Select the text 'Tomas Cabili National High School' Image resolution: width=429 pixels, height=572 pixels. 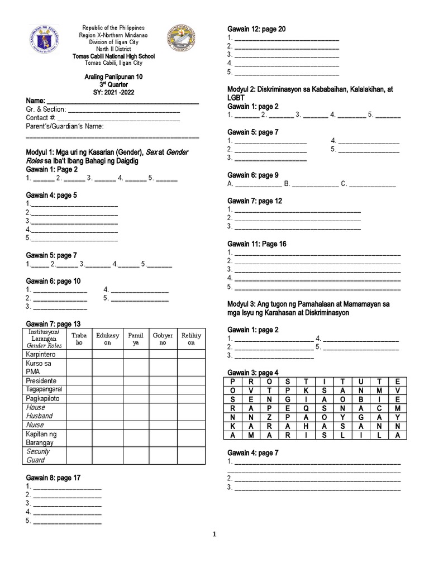coord(113,56)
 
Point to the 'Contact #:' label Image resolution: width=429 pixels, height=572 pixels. coord(40,118)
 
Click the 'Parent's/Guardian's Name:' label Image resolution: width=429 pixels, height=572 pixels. coord(64,126)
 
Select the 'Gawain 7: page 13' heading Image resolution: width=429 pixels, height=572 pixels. coord(53,324)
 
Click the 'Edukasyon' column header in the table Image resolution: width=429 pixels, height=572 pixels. coord(107,339)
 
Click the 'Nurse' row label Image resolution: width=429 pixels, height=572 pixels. coord(35,425)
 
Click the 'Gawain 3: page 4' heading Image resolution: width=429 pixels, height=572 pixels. coord(252,373)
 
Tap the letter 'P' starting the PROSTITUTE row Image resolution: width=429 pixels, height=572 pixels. coord(233,381)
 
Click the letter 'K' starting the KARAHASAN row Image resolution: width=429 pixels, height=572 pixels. coord(233,426)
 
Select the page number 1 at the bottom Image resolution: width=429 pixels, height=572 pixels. coord(214,534)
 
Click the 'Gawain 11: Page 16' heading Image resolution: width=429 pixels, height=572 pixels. coord(256,244)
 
